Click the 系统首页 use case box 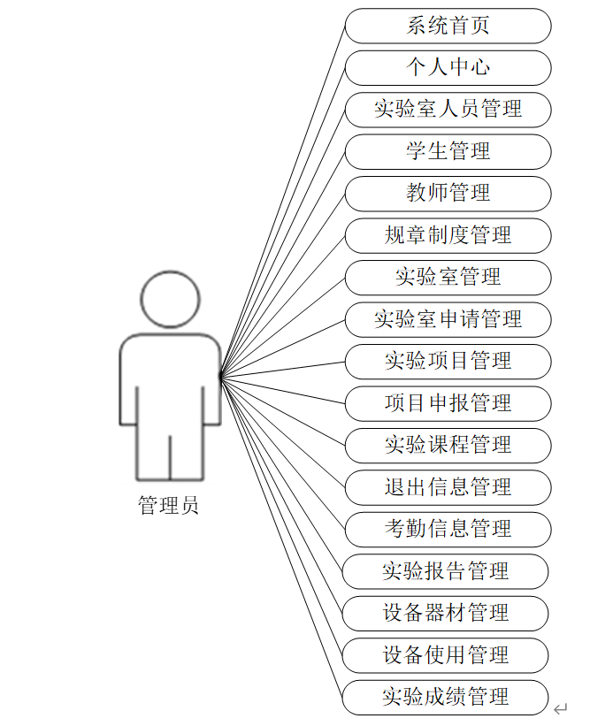(448, 26)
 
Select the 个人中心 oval (448, 67)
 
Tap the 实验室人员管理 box (448, 110)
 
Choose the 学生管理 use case (448, 151)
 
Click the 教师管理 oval (448, 194)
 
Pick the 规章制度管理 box (448, 235)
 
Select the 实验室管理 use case (448, 278)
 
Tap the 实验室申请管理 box (448, 319)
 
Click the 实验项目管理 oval (448, 362)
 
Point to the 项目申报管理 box (448, 403)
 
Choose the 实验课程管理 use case (448, 445)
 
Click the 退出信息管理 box (448, 487)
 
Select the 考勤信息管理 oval (448, 529)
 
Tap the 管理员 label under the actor (168, 506)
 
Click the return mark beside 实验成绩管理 (560, 709)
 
